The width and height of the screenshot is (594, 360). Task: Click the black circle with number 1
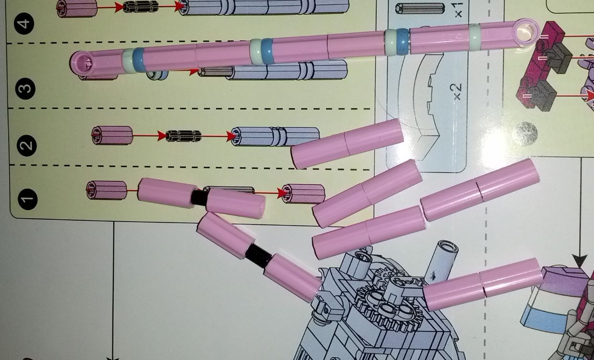coord(28,199)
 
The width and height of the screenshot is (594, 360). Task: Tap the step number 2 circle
coord(27,146)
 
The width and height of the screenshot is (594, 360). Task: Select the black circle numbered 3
coord(25,89)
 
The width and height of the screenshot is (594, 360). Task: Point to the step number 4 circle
coord(24,23)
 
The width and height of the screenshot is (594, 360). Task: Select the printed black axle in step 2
coord(183,136)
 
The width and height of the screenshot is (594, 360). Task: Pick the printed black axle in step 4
coord(141,7)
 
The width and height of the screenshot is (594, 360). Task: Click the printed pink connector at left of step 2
coord(112,135)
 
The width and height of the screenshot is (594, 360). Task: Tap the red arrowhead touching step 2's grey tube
coord(231,136)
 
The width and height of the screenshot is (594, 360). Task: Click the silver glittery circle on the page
coord(527,134)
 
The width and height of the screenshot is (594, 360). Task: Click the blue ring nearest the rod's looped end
coord(403,42)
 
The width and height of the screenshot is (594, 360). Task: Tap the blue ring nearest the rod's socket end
coord(139,60)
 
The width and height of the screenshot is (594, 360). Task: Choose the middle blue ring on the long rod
coord(267,51)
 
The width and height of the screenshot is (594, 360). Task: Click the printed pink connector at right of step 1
coord(303,194)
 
